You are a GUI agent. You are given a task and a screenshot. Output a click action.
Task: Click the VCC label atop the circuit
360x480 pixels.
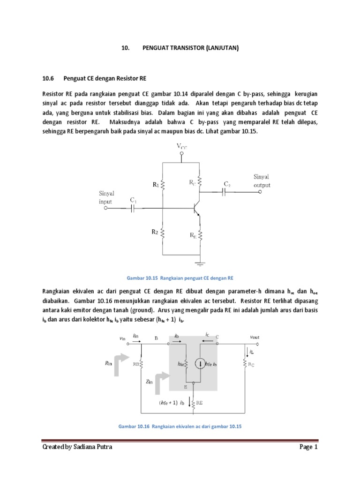pos(181,147)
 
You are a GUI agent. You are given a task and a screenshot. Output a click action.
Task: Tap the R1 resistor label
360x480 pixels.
pos(156,185)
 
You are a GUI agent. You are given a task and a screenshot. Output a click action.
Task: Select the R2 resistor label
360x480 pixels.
pos(155,232)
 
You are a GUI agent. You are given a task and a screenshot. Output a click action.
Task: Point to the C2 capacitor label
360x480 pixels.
pos(227,184)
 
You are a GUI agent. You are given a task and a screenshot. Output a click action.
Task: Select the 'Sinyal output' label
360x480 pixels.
pos(262,181)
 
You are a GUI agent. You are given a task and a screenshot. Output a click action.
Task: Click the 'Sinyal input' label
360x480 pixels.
pos(106,197)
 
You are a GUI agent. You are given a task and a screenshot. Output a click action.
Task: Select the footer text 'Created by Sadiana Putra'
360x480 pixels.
pos(77,447)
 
